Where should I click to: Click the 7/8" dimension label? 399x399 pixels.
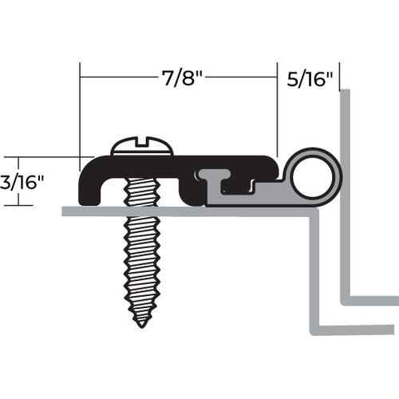(x=183, y=77)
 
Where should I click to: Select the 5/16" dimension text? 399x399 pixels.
(x=310, y=79)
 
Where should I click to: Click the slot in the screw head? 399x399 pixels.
(x=142, y=142)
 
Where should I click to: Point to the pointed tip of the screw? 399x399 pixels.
(x=142, y=326)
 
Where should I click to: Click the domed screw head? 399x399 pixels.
(x=142, y=146)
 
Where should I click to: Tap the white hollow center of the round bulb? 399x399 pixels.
(x=311, y=177)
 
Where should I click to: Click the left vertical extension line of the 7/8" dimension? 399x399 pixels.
(x=80, y=117)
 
